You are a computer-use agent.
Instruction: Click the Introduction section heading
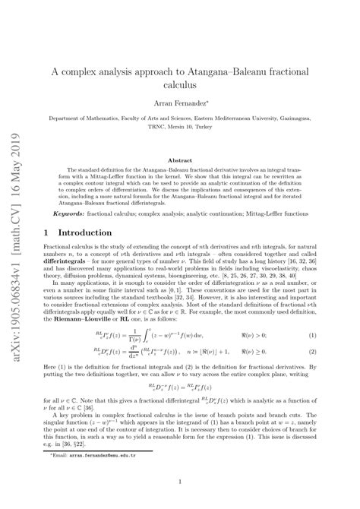(x=88, y=231)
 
